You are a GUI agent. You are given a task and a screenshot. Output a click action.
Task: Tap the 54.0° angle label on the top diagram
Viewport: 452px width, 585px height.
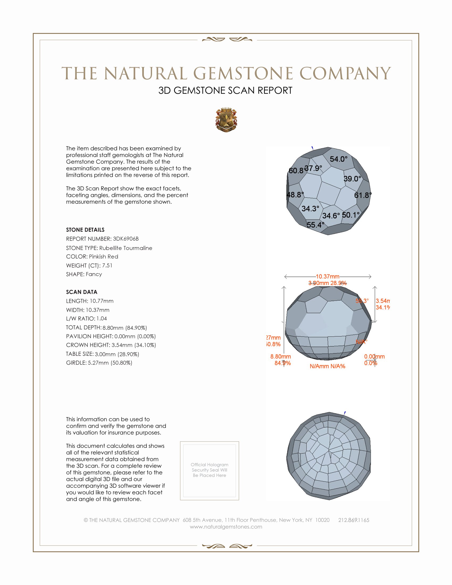(338, 159)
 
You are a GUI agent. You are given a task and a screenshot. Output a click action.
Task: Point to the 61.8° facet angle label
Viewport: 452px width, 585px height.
(363, 195)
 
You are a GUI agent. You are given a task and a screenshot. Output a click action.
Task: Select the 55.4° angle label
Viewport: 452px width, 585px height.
(315, 225)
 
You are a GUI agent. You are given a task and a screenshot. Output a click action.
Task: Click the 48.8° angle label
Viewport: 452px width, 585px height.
(295, 195)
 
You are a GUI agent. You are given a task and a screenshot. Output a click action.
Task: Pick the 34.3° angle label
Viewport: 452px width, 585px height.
(310, 208)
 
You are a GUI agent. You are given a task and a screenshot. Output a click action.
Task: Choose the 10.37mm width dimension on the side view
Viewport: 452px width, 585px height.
(327, 277)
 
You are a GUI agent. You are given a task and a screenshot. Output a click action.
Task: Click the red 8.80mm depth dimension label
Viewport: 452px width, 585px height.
(280, 357)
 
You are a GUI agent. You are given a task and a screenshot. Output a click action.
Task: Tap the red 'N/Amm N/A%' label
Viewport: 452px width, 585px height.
(327, 366)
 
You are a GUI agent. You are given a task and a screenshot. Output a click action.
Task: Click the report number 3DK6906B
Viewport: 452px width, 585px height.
(125, 239)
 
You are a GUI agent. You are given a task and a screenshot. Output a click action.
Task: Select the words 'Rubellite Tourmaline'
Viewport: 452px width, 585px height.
(125, 248)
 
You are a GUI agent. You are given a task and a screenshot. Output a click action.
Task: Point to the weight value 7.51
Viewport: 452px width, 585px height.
(107, 265)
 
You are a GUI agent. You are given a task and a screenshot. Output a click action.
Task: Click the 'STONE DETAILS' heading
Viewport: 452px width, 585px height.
(85, 230)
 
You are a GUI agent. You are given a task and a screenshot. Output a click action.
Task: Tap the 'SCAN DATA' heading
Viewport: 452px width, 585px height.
(81, 292)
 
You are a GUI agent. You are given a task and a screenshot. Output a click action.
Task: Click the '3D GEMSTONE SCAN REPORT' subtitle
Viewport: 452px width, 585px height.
(225, 90)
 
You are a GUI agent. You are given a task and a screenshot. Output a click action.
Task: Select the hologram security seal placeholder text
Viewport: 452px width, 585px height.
(210, 470)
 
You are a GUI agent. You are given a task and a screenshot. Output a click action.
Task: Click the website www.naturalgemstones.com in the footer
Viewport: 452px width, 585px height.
(226, 526)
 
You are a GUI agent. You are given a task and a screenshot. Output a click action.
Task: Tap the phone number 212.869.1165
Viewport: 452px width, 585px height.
(353, 520)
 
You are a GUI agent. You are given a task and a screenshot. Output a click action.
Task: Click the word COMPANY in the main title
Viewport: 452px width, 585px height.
(345, 73)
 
